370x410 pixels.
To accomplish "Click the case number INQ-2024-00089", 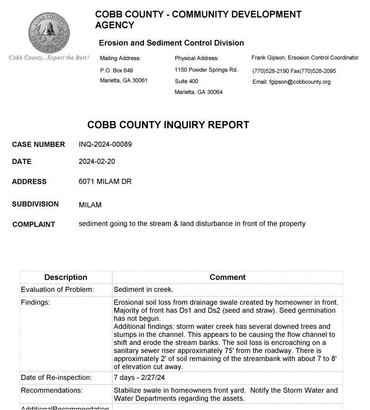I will coord(105,144).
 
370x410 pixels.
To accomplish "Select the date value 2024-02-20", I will coord(96,162).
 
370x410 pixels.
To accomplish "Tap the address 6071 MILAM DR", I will coord(105,181).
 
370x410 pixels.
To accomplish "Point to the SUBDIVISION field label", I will coord(35,204).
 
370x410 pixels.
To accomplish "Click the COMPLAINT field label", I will coord(33,224).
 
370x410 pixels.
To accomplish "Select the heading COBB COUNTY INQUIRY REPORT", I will coord(168,125).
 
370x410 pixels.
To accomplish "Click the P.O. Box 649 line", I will coord(113,70).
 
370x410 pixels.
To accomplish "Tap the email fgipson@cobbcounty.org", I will coord(292,82).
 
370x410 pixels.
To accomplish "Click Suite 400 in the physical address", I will coord(187,81).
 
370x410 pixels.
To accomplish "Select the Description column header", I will coord(66,277).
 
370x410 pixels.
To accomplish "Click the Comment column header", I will coord(227,277).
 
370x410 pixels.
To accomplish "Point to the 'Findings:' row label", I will coord(38,302).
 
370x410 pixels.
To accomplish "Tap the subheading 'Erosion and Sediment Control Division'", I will coord(171,43).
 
